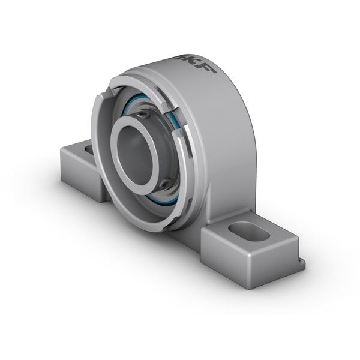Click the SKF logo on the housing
[196, 62]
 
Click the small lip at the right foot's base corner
[300, 264]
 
